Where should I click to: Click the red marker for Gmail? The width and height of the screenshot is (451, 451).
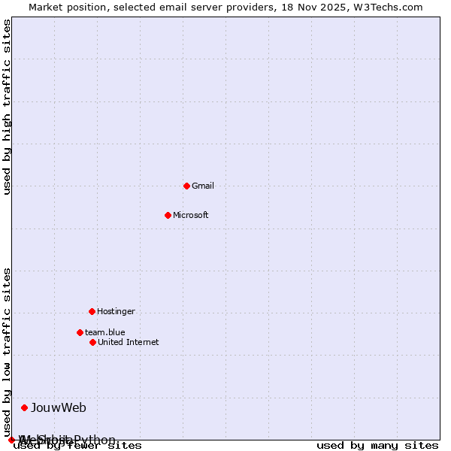click(186, 186)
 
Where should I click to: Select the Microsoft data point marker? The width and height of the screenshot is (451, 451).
click(168, 215)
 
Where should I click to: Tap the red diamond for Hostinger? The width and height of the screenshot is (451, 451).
click(92, 311)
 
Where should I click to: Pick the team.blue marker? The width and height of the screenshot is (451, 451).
click(80, 332)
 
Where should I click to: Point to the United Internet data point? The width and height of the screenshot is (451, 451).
click(92, 342)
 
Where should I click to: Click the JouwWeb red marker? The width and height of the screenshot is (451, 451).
click(24, 407)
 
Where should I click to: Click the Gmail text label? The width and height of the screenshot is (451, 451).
click(203, 186)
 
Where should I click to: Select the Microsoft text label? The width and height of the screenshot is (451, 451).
click(190, 215)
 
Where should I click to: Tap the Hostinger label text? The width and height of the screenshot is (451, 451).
click(116, 311)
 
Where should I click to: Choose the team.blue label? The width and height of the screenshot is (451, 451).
click(104, 332)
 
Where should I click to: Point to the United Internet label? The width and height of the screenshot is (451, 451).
click(128, 342)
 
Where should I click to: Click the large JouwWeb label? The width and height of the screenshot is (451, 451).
click(59, 407)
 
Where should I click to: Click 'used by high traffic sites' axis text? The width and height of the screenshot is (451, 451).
click(8, 107)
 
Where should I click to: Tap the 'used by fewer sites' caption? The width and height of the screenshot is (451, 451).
click(77, 446)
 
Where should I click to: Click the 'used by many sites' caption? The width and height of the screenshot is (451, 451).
click(377, 446)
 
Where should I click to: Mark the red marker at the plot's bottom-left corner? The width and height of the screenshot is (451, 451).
click(11, 440)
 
